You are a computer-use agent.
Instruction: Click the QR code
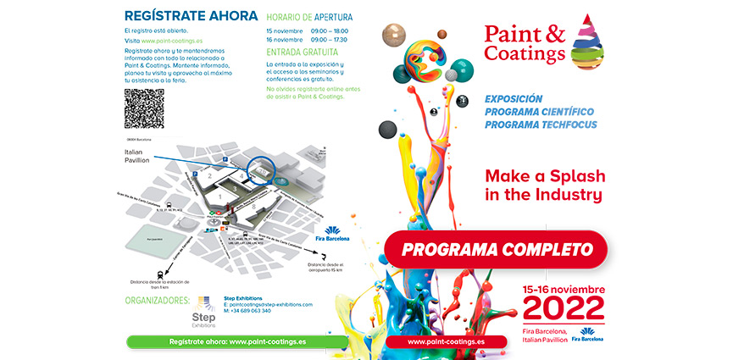tap(144, 108)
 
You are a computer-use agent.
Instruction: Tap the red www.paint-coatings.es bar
tap(446, 342)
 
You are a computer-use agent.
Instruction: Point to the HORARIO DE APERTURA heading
tap(309, 17)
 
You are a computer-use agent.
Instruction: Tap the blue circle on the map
tap(262, 169)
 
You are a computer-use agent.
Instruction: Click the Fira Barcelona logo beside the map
tap(331, 233)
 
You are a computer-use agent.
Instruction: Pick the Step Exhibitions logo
tap(203, 311)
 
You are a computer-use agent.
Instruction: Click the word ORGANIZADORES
tap(157, 299)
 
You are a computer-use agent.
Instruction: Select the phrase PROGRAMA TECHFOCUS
tap(541, 125)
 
